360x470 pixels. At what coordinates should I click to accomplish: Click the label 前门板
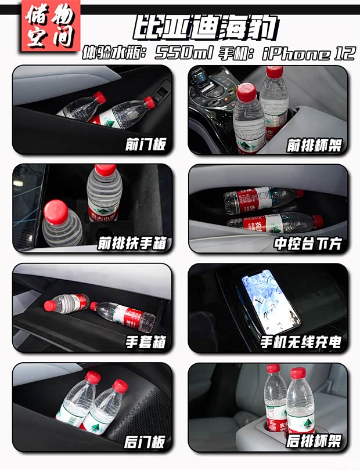pos(145,144)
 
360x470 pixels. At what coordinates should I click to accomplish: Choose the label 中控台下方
pos(307,243)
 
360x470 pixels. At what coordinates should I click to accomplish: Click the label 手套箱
pos(145,342)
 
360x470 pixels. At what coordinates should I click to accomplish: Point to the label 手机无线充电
pos(300,342)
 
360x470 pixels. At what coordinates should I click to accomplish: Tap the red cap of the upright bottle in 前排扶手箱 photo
pos(105,170)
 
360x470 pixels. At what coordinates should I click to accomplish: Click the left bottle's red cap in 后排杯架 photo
pos(273,370)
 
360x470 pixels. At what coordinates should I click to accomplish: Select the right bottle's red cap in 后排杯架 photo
pos(298,374)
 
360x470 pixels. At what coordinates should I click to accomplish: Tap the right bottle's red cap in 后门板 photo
pos(120,385)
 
